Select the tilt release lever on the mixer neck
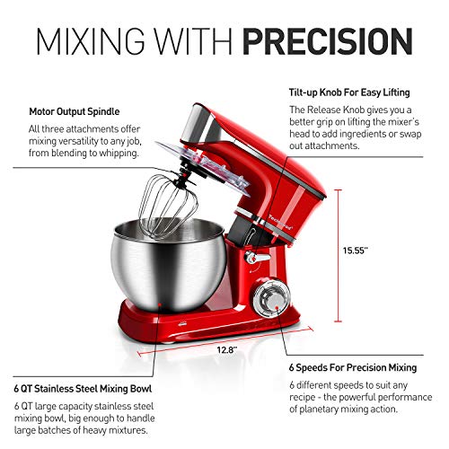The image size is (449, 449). (x=255, y=257)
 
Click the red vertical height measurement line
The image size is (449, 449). (x=338, y=260)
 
